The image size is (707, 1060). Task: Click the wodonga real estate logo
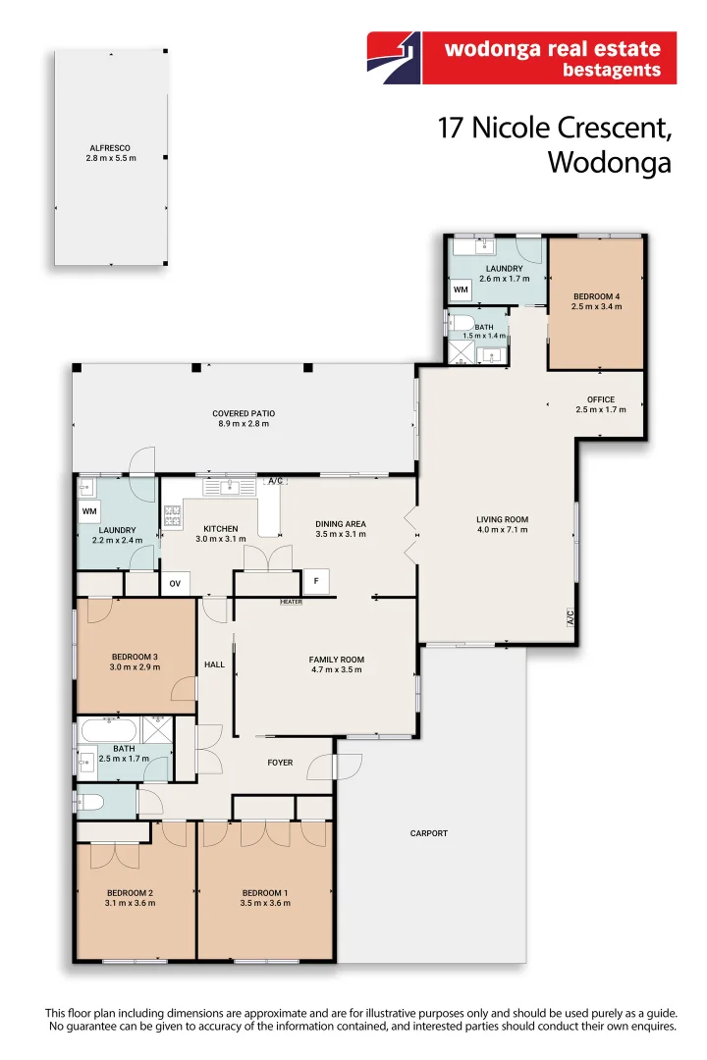[x=521, y=58]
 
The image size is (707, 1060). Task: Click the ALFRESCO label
[x=110, y=148]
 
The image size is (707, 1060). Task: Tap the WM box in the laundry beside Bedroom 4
[x=461, y=290]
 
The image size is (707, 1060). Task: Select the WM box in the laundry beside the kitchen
[x=89, y=511]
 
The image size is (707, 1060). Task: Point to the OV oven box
[x=175, y=583]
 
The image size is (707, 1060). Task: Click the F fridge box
[x=316, y=581]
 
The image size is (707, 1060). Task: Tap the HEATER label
[x=291, y=602]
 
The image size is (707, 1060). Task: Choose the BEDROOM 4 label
[x=597, y=296]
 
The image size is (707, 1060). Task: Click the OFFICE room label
[x=601, y=399]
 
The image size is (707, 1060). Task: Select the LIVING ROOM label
[x=502, y=520]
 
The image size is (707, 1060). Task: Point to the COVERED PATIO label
[x=244, y=414]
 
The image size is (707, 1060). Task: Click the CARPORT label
[x=429, y=833]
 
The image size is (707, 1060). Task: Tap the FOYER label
[x=280, y=763]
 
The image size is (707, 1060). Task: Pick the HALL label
[x=214, y=664]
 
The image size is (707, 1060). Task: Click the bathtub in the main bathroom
[x=110, y=731]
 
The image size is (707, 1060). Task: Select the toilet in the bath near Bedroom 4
[x=462, y=324]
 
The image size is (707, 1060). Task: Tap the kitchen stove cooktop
[x=173, y=516]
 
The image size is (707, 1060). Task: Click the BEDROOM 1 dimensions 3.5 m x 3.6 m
[x=265, y=903]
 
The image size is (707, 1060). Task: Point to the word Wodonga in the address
[x=610, y=164]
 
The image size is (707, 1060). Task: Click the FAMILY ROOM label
[x=336, y=660]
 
